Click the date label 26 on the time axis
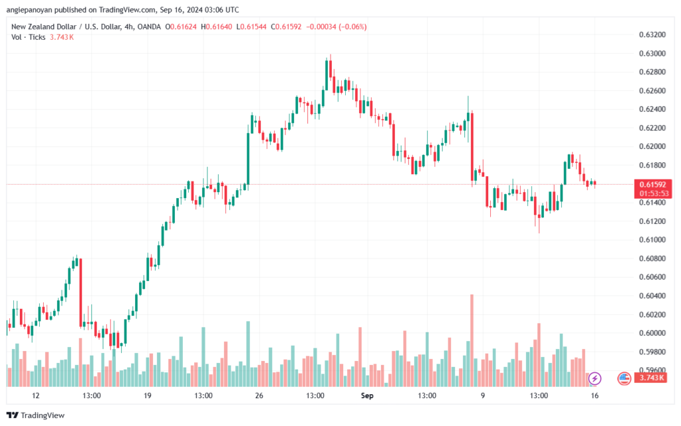click(x=259, y=395)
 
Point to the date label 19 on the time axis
click(x=148, y=395)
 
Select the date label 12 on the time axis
click(x=35, y=395)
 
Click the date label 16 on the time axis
click(x=595, y=395)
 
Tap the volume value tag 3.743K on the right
click(x=649, y=378)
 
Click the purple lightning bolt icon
click(x=595, y=378)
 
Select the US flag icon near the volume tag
click(x=624, y=378)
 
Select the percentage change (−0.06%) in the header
click(x=352, y=27)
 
